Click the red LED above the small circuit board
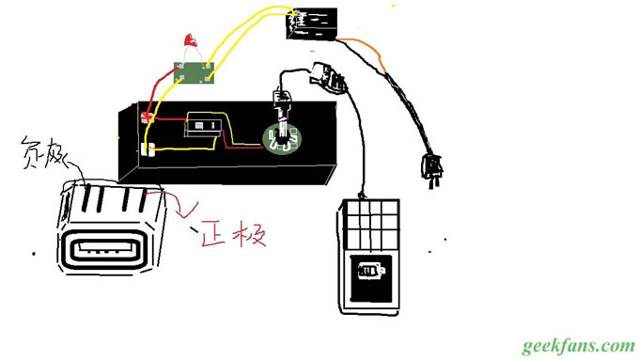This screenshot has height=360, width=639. click(x=191, y=40)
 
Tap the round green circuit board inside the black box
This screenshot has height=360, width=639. click(x=279, y=139)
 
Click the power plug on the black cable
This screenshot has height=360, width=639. click(x=430, y=170)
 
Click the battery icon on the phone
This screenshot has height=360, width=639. click(x=368, y=273)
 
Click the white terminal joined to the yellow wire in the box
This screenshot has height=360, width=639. click(x=148, y=148)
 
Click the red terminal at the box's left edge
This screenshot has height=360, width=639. click(x=147, y=117)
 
